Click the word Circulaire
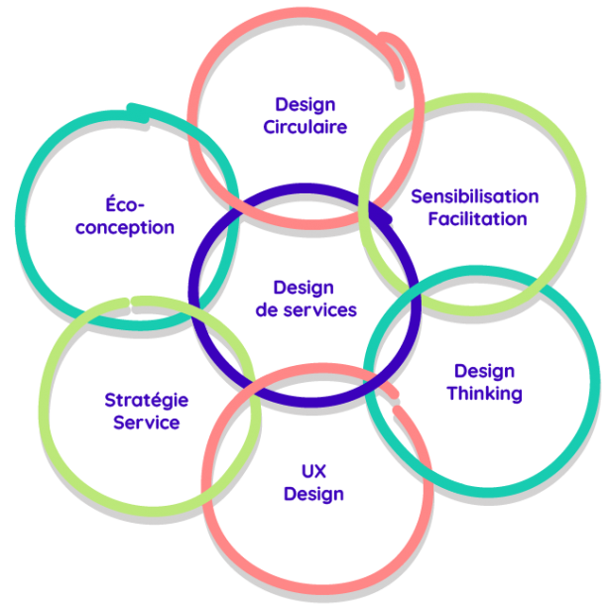pos(305,127)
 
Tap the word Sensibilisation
pos(475,196)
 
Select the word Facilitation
pos(477,219)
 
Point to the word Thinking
pos(484,394)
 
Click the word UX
pos(313,470)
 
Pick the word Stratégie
pos(147,401)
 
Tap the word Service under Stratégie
pos(146,424)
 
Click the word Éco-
pos(125,205)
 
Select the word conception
pos(125,228)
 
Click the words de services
pos(305,310)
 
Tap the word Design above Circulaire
pos(305,104)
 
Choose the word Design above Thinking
pos(484,371)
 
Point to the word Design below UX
pos(313,494)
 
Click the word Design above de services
pos(304,288)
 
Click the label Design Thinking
pos(484,382)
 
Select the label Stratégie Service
pos(147,412)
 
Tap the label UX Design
pos(313,482)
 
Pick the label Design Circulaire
pos(305,115)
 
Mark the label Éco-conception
pos(125,216)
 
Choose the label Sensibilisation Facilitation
pos(476,207)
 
